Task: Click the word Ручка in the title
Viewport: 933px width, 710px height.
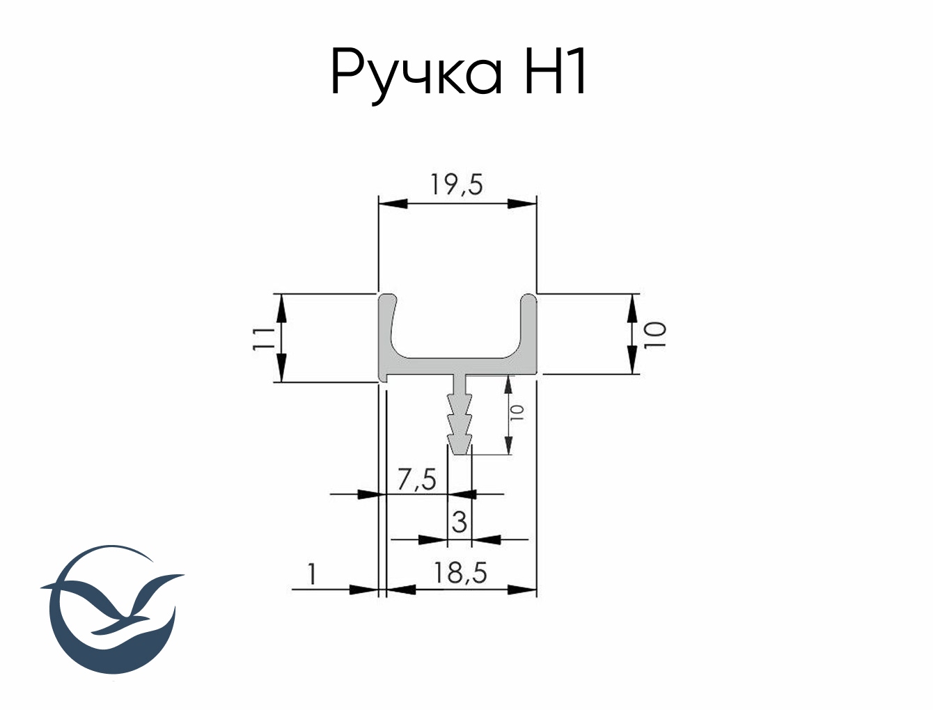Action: [x=416, y=73]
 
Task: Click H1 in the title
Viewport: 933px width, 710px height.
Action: [x=555, y=72]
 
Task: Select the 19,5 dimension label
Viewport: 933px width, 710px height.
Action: [x=456, y=184]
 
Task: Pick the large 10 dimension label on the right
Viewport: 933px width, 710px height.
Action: [x=655, y=335]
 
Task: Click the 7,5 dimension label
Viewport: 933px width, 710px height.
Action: [x=416, y=480]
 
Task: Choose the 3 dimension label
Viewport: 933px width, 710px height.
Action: [x=459, y=521]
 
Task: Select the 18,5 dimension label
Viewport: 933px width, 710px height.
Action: [x=460, y=573]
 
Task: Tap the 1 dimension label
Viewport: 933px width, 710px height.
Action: [x=312, y=574]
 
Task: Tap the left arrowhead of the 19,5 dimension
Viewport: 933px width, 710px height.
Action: [x=392, y=203]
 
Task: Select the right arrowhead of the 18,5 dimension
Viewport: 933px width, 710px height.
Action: [x=523, y=590]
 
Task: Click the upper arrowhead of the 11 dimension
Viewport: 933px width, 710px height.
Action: [x=281, y=307]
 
